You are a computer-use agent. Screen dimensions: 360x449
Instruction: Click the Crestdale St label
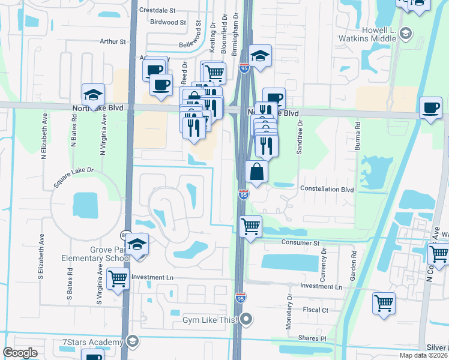157,10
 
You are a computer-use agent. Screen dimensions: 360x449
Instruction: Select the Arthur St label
113,42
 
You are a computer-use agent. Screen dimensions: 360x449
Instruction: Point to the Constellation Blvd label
327,189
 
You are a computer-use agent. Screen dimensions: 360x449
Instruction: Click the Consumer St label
301,243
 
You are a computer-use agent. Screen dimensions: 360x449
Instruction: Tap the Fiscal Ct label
317,310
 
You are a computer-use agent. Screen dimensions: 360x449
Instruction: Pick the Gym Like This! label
210,320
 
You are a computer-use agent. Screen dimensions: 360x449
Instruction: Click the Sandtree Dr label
299,137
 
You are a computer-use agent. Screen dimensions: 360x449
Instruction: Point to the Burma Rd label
357,136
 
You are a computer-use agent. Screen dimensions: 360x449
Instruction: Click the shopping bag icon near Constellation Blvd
256,172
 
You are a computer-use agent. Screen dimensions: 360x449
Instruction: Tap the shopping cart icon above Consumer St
250,226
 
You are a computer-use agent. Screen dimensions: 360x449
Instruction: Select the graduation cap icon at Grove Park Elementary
137,244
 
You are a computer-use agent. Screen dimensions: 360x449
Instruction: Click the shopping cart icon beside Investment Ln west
118,278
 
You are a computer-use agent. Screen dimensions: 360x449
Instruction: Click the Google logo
20,353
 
